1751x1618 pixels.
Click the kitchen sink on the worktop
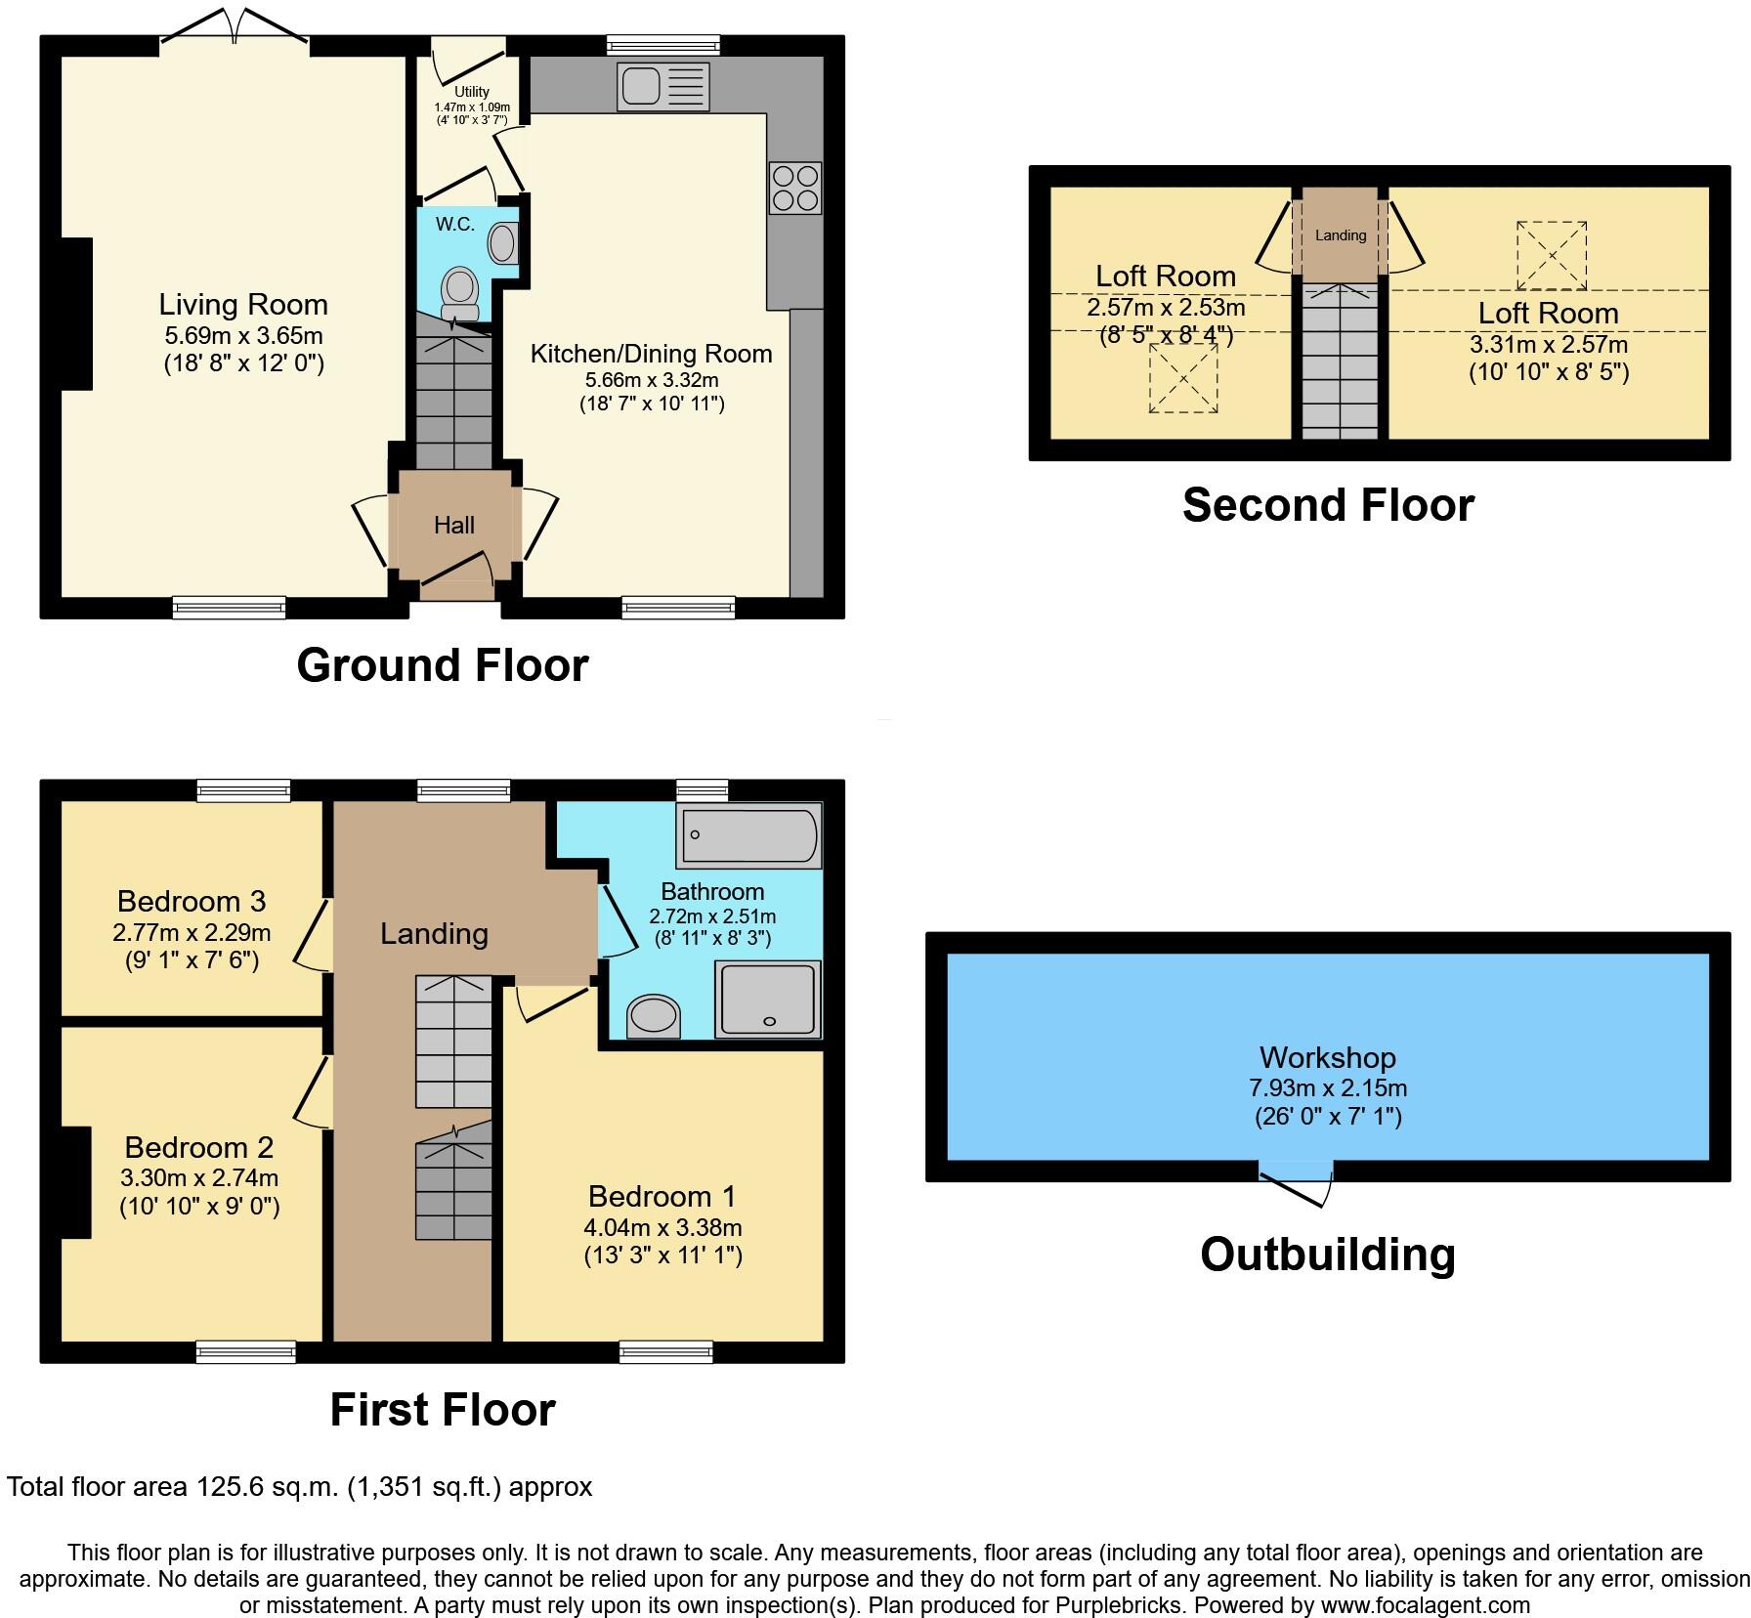pyautogui.click(x=663, y=86)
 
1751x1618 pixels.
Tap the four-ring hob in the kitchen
pyautogui.click(x=795, y=188)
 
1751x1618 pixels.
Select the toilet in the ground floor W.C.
pyautogui.click(x=460, y=294)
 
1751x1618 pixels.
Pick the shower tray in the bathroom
pyautogui.click(x=769, y=1000)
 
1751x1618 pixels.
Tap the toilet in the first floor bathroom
pyautogui.click(x=654, y=1016)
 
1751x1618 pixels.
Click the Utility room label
pyautogui.click(x=472, y=92)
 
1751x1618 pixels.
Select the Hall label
pyautogui.click(x=454, y=526)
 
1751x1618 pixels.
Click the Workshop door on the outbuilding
pyautogui.click(x=1297, y=1185)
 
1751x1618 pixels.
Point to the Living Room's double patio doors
pyautogui.click(x=235, y=26)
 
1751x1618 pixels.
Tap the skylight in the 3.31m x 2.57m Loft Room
pyautogui.click(x=1552, y=256)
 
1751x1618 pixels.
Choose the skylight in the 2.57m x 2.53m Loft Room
pyautogui.click(x=1183, y=378)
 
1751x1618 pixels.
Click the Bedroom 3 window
pyautogui.click(x=244, y=790)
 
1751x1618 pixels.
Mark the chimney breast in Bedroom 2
pyautogui.click(x=76, y=1182)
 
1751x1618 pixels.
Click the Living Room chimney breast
pyautogui.click(x=76, y=315)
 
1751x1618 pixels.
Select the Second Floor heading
pyautogui.click(x=1328, y=505)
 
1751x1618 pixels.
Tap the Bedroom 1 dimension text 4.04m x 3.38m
pyautogui.click(x=663, y=1227)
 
